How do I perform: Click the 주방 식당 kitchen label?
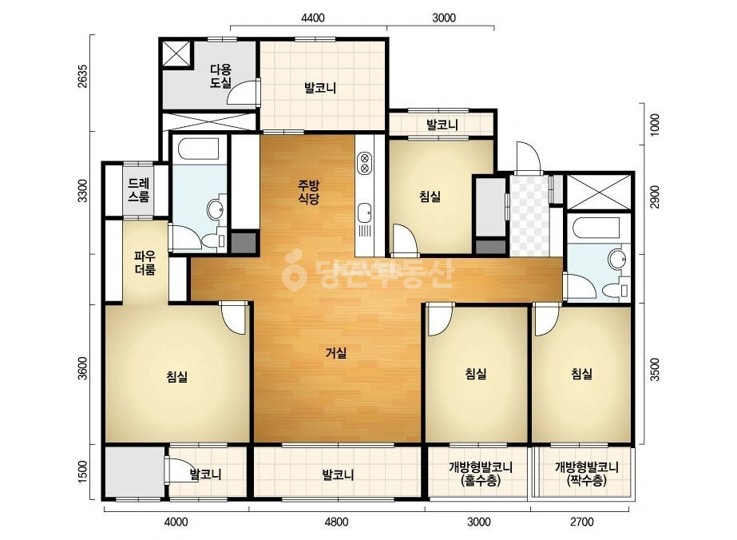[308, 192]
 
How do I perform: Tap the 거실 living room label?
[336, 352]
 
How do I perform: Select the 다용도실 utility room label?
[220, 77]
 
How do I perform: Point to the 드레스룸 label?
[139, 190]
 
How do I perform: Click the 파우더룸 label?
[145, 263]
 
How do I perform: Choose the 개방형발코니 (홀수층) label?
[481, 474]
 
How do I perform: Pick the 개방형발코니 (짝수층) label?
[587, 474]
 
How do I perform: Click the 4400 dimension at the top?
[312, 18]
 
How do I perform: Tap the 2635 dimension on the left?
[83, 76]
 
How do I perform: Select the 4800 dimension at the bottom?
[336, 522]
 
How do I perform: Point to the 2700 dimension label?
[582, 522]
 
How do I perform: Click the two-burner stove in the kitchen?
[364, 163]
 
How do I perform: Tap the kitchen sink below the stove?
[364, 213]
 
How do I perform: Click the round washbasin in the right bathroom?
[616, 259]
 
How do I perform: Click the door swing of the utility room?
[243, 92]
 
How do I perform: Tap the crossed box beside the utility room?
[177, 54]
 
